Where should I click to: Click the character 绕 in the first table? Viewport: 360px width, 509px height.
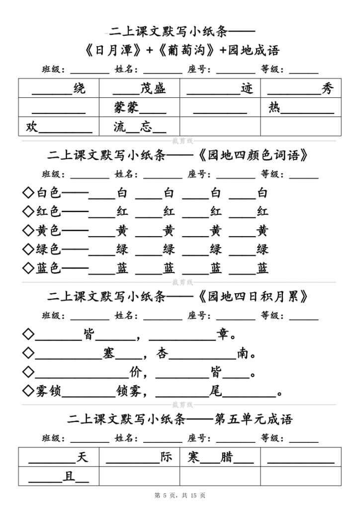coord(79,89)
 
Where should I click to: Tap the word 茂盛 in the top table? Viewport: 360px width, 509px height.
coord(153,89)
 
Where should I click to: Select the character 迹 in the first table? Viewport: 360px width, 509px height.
coord(247,89)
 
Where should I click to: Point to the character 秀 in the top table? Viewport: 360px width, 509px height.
coord(327,89)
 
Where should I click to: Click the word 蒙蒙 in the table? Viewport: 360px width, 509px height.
coord(126,107)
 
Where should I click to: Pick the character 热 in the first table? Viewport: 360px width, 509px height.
coord(274,107)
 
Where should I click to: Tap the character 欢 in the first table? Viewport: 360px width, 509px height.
coord(32,127)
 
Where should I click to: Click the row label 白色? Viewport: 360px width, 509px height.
coord(49,193)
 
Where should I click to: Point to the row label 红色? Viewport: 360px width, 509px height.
coord(49,212)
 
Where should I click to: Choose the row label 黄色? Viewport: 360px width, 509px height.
coord(49,231)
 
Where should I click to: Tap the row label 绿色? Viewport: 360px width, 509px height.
coord(49,250)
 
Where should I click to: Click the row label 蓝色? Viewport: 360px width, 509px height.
coord(49,268)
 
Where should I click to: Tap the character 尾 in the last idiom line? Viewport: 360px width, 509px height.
coord(215,392)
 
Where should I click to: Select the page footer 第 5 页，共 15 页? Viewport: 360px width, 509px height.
coord(180,495)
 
